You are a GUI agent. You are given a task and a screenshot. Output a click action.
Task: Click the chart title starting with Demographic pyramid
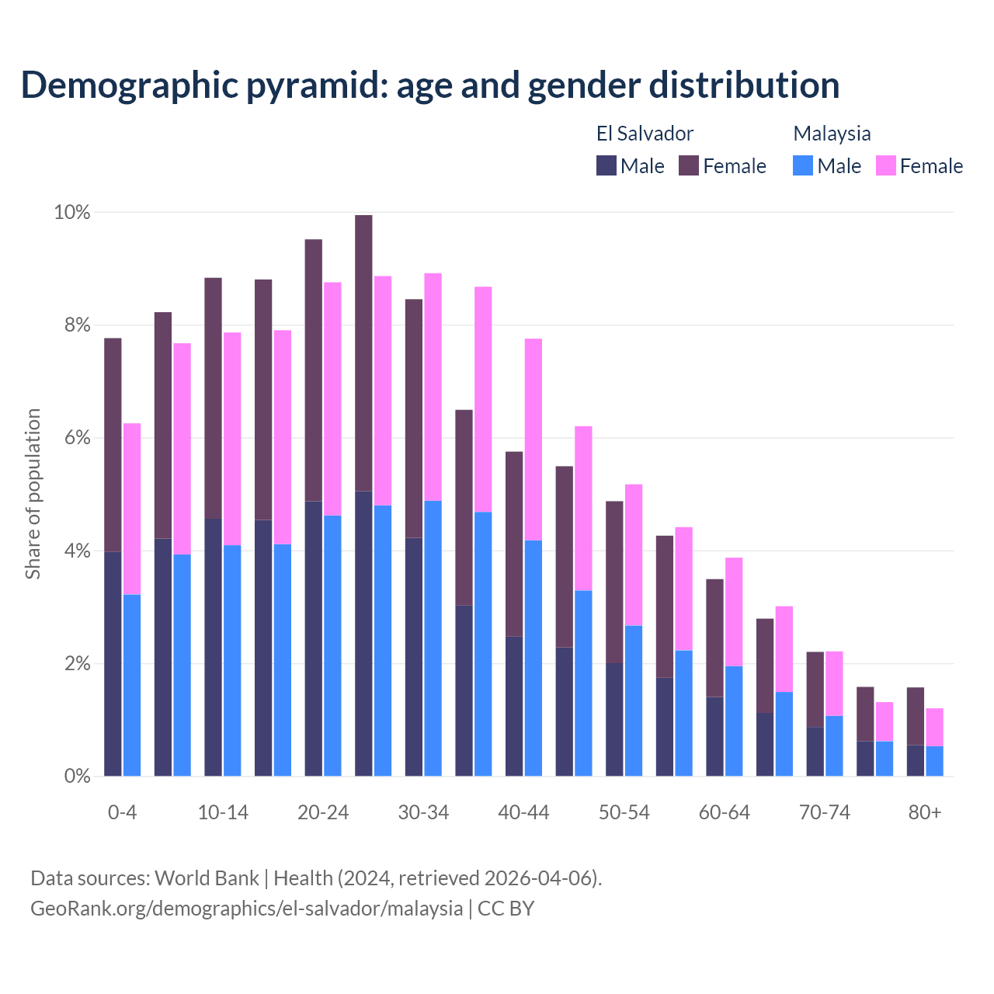tap(430, 85)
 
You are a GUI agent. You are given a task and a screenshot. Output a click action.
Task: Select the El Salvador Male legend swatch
tap(606, 165)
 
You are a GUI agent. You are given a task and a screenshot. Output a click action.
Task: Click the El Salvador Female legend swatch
tap(689, 165)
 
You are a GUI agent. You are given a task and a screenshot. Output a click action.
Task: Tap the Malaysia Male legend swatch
tap(803, 165)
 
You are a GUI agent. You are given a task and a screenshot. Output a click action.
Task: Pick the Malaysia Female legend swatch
tap(886, 165)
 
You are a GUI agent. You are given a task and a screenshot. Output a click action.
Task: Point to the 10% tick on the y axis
tap(71, 212)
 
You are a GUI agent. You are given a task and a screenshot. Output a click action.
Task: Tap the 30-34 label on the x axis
tap(423, 812)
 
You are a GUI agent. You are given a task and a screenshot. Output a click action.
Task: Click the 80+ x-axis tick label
tap(925, 812)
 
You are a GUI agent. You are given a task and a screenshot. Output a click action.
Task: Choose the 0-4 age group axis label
tap(123, 812)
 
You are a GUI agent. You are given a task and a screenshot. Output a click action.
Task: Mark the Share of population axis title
tap(33, 494)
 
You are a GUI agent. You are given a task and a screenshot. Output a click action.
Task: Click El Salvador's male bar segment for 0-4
tap(113, 664)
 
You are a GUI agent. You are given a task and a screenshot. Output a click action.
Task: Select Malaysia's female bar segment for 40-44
tap(533, 440)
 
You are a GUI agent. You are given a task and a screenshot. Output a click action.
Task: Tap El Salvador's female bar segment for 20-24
tap(314, 370)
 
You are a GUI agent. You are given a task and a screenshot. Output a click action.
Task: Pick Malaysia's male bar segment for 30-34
tap(433, 638)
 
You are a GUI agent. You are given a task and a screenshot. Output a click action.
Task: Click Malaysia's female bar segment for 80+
tap(934, 727)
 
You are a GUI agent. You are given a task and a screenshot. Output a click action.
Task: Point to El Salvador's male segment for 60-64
tap(714, 736)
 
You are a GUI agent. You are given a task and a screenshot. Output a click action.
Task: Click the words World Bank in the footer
tap(207, 878)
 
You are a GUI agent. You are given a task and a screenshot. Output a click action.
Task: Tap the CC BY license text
tap(506, 909)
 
